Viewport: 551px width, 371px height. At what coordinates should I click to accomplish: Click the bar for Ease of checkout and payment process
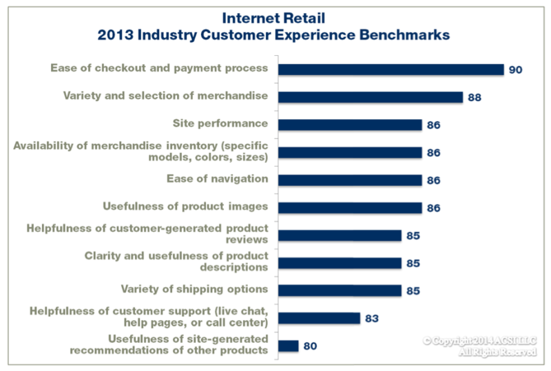(391, 69)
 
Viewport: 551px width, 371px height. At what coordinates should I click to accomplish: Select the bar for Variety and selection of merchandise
(370, 97)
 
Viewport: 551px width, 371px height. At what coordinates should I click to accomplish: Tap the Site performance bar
(349, 125)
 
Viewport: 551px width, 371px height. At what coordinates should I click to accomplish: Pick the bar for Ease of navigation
(349, 180)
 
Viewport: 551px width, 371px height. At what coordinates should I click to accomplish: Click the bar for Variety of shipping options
(339, 290)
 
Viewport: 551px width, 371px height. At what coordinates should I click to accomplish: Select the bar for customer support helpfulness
(318, 318)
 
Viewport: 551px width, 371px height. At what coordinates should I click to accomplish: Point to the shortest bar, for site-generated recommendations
(288, 346)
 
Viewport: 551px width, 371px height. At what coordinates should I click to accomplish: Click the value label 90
(516, 70)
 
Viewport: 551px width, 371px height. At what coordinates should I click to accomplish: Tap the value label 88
(474, 98)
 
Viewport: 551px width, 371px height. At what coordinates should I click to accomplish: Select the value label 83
(371, 319)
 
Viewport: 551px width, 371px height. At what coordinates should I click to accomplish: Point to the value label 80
(310, 346)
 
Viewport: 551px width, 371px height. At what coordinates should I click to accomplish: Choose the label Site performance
(220, 123)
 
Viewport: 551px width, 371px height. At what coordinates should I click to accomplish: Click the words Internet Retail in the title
(275, 16)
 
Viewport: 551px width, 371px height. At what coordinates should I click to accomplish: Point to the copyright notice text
(479, 346)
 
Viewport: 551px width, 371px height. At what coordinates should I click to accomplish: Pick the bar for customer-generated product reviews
(339, 235)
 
